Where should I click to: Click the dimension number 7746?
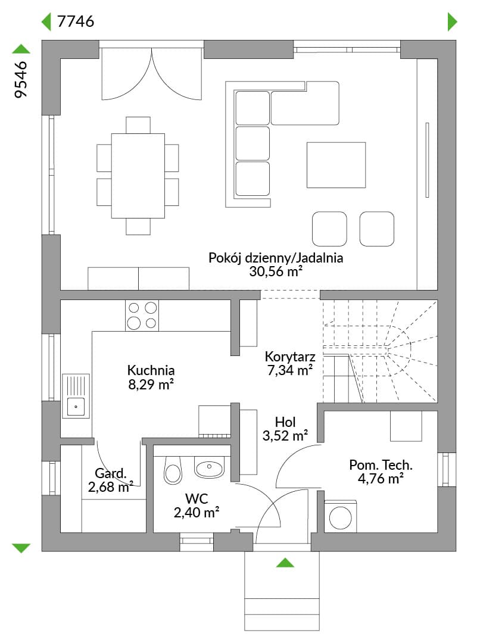click(x=76, y=21)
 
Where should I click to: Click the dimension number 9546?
click(x=20, y=80)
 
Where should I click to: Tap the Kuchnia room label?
click(x=151, y=370)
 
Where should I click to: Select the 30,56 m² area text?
click(x=276, y=271)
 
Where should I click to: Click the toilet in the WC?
click(x=173, y=470)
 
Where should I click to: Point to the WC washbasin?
click(x=209, y=467)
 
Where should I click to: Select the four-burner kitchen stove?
click(x=142, y=316)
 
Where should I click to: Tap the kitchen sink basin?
click(x=76, y=407)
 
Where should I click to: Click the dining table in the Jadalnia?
click(x=138, y=176)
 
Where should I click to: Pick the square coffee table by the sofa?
click(x=336, y=165)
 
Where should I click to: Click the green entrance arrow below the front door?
click(x=285, y=563)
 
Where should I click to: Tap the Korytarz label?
click(x=290, y=357)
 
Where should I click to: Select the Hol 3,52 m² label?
click(x=285, y=429)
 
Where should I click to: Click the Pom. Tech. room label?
click(x=381, y=465)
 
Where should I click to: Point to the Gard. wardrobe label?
click(x=111, y=473)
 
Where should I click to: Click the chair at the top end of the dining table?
click(x=138, y=125)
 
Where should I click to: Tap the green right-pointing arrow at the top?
click(x=452, y=22)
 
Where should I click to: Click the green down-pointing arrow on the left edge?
click(x=21, y=548)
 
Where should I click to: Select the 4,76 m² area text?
click(x=381, y=479)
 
